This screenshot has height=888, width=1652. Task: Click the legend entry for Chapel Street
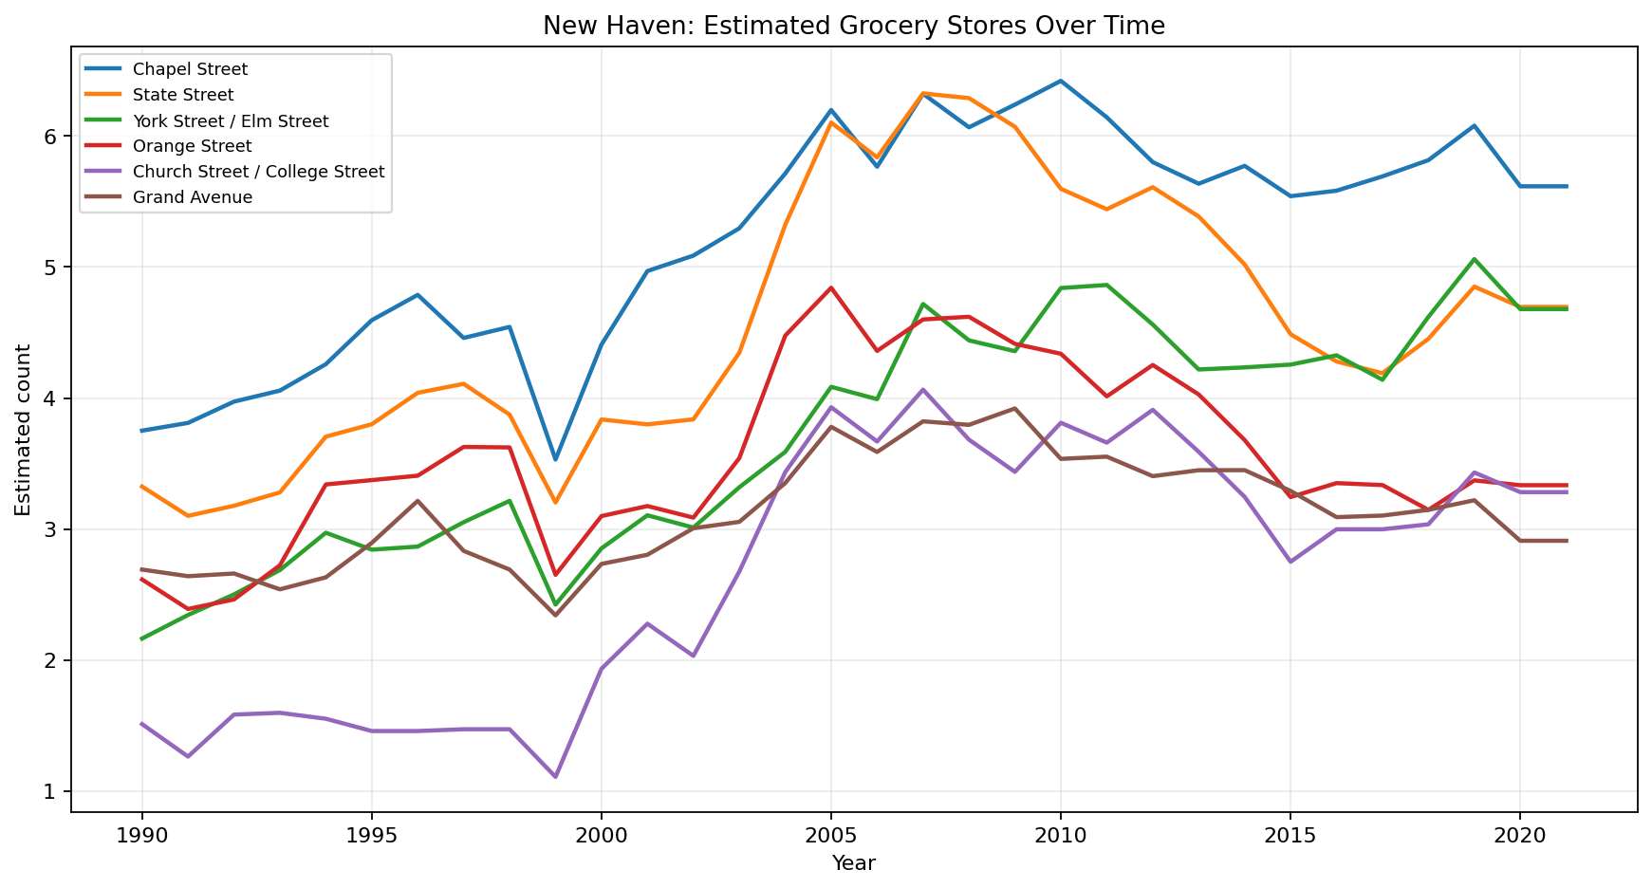190,69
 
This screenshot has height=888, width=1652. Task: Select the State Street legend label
183,95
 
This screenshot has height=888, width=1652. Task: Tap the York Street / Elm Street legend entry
231,121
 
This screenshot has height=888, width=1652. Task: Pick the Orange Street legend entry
192,146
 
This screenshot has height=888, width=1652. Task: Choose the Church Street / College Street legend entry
258,172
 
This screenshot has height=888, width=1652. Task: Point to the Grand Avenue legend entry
193,197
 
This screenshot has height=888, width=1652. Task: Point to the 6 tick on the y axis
51,137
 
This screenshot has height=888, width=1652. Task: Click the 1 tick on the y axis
51,791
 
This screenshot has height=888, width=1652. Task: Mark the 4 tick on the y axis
51,398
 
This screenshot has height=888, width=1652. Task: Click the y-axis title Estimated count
23,430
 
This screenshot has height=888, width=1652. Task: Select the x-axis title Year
853,863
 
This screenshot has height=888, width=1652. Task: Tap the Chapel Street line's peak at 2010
1061,81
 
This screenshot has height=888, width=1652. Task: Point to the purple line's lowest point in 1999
555,777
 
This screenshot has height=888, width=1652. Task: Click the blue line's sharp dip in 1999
555,459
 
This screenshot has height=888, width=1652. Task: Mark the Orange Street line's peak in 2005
831,287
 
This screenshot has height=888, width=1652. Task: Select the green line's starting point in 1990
142,638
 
